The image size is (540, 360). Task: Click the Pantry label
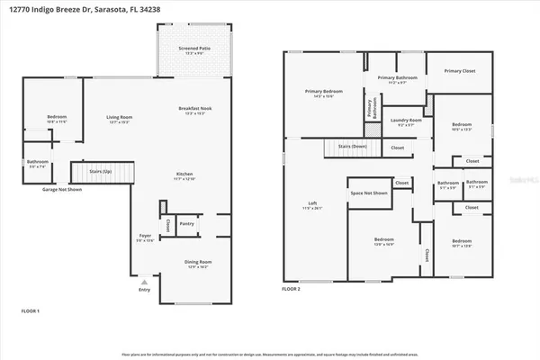tap(187, 223)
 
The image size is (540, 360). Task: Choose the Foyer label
tap(145, 235)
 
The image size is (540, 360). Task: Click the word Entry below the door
tap(145, 290)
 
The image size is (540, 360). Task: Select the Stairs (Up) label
tap(101, 170)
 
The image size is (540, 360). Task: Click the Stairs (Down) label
tap(352, 145)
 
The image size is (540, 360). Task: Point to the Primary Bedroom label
tap(323, 91)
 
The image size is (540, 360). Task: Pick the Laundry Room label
tap(406, 120)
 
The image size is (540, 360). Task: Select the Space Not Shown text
tap(369, 193)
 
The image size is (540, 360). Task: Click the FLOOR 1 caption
tap(31, 310)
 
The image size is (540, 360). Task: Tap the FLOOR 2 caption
tap(291, 290)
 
